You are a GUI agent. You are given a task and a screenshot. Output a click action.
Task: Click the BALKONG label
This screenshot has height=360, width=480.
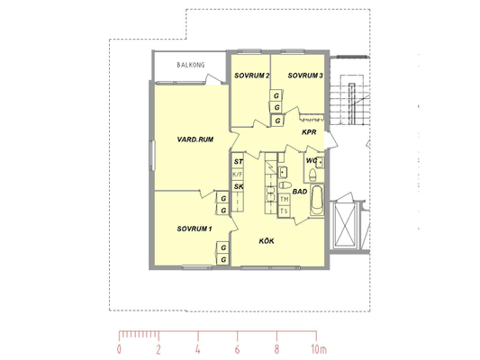coord(190,65)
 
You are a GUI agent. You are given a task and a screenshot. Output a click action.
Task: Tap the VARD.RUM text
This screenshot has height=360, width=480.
coord(195,139)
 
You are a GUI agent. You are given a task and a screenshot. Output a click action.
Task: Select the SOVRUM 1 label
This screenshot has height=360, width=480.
coord(195,229)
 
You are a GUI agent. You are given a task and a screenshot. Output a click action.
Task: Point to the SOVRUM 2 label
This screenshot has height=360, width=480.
coord(251,76)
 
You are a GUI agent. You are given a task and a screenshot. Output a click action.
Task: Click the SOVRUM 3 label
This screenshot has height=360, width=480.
coord(305,76)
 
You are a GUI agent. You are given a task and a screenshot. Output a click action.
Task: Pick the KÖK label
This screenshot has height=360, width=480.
coord(267,241)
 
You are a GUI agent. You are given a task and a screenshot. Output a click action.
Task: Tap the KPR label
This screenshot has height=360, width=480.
coord(309,132)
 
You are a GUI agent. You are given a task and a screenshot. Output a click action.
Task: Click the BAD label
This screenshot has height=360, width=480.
coord(300,192)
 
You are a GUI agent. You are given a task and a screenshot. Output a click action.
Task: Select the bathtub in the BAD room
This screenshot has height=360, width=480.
coord(317,201)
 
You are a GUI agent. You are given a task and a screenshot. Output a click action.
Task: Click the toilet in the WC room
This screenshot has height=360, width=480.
coord(312,175)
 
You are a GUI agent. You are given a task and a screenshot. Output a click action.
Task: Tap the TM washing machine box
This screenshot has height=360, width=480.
coord(284,200)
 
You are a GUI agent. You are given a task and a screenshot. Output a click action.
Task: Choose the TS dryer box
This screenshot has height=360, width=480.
coord(284,211)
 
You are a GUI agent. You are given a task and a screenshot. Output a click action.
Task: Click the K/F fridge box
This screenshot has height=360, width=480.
coord(238,175)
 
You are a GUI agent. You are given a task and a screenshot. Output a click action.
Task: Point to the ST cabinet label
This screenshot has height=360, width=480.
coord(239,161)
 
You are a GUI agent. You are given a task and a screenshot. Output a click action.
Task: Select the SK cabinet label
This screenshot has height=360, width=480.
coord(239,186)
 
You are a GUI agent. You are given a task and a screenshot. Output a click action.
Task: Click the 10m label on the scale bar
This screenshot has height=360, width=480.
coord(319,349)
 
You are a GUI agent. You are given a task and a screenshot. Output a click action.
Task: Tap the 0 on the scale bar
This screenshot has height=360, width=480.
coord(119,349)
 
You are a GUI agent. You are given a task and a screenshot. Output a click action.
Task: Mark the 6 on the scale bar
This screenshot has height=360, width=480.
coord(237,349)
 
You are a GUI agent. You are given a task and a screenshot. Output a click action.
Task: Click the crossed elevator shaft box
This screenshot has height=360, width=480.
coord(345,225)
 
